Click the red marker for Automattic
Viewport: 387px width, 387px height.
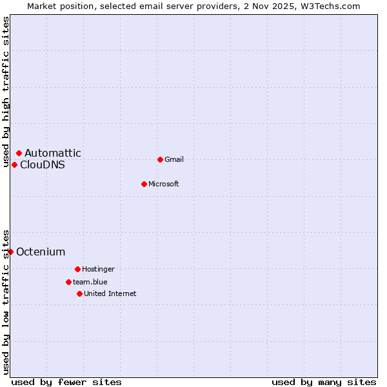[19, 153]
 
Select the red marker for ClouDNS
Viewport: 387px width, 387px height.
[14, 164]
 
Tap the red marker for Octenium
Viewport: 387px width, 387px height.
[10, 252]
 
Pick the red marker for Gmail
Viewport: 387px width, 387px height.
[160, 159]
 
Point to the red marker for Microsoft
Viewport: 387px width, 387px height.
[144, 184]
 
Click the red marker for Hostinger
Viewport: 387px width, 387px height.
[77, 269]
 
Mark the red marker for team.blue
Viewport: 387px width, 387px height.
[68, 282]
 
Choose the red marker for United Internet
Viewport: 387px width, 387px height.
[79, 293]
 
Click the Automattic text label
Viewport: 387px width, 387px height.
[53, 154]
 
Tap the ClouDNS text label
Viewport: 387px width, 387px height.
[43, 165]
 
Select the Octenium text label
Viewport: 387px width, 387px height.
[41, 252]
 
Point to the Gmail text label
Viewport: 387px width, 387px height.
[174, 160]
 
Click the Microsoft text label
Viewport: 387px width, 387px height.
[164, 184]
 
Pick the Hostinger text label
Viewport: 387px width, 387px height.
[98, 270]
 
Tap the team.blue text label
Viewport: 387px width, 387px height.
[90, 283]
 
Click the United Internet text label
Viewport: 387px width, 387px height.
[110, 294]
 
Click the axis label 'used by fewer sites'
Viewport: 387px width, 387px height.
[66, 382]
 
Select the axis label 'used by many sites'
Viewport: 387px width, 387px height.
[324, 382]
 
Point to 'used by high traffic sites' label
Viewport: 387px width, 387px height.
[6, 92]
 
